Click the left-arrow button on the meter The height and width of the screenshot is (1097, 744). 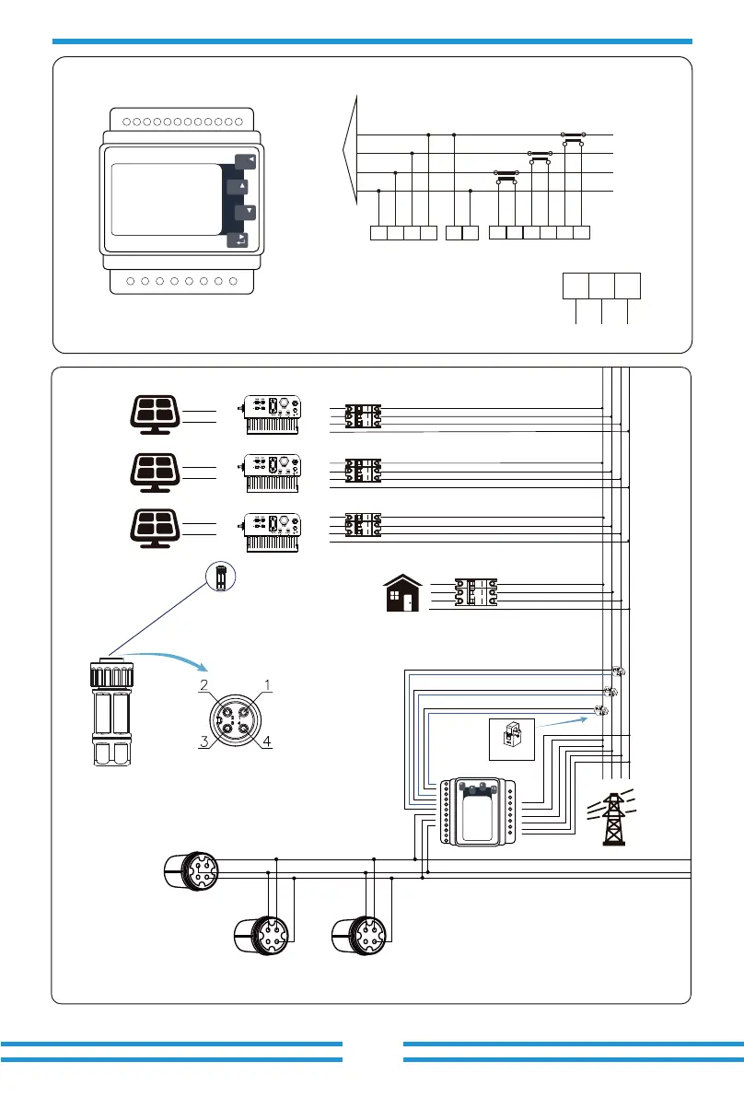pyautogui.click(x=246, y=161)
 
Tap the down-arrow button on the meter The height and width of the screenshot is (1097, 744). pyautogui.click(x=246, y=211)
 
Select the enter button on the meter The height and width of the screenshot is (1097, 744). pyautogui.click(x=238, y=240)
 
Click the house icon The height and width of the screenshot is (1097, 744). pyautogui.click(x=403, y=593)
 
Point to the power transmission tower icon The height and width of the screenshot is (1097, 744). pyautogui.click(x=612, y=817)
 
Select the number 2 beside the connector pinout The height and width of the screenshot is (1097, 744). pyautogui.click(x=204, y=685)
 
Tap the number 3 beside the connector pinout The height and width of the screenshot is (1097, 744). pyautogui.click(x=204, y=741)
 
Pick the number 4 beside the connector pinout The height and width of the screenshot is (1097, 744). pyautogui.click(x=266, y=741)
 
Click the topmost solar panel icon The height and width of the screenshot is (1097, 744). pyautogui.click(x=156, y=414)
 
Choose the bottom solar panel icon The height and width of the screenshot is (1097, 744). pyautogui.click(x=156, y=528)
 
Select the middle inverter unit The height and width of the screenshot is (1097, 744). pyautogui.click(x=273, y=473)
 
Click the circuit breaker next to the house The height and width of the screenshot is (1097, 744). pyautogui.click(x=475, y=592)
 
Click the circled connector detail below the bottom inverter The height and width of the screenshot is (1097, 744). pyautogui.click(x=221, y=577)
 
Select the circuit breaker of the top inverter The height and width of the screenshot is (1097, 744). pyautogui.click(x=363, y=415)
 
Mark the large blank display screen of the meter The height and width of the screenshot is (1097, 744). pyautogui.click(x=167, y=199)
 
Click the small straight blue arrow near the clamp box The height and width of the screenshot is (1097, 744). pyautogui.click(x=563, y=722)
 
